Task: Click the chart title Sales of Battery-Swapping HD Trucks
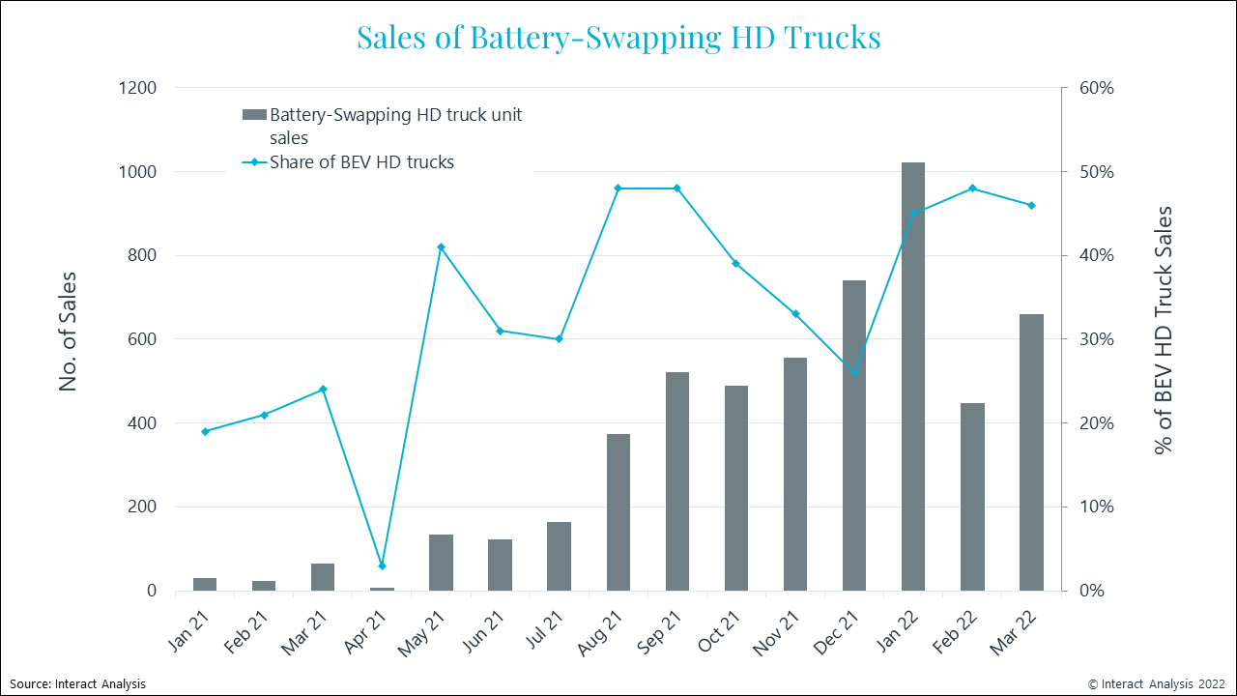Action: coord(618,37)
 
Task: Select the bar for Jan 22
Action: coord(913,377)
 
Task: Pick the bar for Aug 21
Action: coord(618,512)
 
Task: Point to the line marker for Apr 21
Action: coord(382,565)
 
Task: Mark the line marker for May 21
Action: coord(441,247)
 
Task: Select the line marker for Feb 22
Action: coord(972,188)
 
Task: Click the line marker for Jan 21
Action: coord(205,431)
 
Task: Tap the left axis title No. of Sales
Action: coord(68,332)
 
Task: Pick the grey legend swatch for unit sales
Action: coord(254,115)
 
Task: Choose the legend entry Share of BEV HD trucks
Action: coord(360,162)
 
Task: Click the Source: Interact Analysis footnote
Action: coord(78,683)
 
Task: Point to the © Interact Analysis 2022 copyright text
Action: coord(1157,683)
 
